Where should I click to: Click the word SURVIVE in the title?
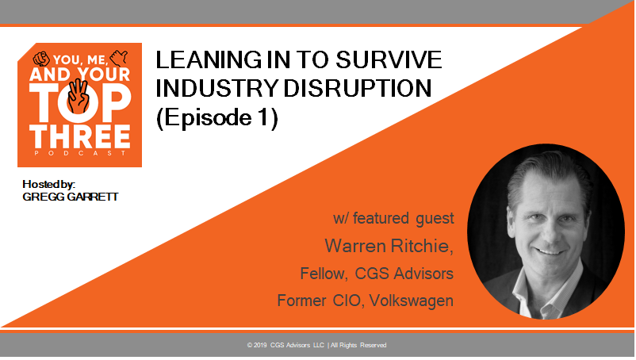[x=389, y=60]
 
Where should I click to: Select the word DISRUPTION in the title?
[x=358, y=88]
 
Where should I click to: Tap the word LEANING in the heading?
[x=209, y=60]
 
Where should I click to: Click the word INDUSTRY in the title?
[x=217, y=88]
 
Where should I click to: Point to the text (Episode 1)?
[x=217, y=118]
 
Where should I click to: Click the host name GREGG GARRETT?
[x=70, y=197]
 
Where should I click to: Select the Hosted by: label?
[x=48, y=185]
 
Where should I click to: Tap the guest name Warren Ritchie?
[x=389, y=246]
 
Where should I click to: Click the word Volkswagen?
[x=412, y=301]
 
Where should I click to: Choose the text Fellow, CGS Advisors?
[x=377, y=274]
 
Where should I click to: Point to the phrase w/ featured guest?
[x=393, y=219]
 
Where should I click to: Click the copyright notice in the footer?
[x=316, y=346]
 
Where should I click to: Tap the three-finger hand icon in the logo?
[x=79, y=96]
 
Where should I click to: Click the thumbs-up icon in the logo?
[x=119, y=59]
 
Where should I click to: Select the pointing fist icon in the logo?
[x=41, y=59]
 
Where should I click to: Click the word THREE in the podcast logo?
[x=80, y=136]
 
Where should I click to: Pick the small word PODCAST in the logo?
[x=80, y=153]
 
